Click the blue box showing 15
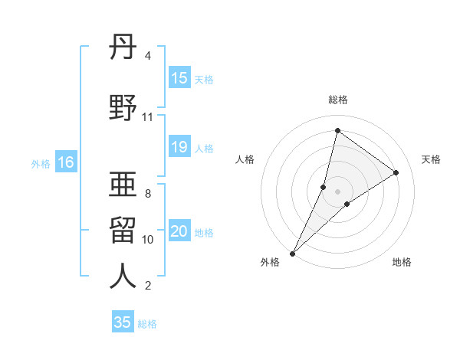[179, 78]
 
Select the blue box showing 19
[179, 148]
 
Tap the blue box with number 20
[179, 232]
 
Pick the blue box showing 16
[65, 162]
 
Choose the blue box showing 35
[123, 322]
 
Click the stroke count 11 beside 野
[147, 117]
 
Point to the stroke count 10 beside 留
[148, 240]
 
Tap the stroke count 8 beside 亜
[148, 193]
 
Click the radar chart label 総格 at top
[337, 100]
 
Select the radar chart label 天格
[431, 159]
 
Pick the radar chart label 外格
[269, 263]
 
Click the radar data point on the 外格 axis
[292, 253]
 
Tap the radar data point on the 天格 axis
[396, 172]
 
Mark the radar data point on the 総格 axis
[337, 131]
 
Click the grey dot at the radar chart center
[337, 191]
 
